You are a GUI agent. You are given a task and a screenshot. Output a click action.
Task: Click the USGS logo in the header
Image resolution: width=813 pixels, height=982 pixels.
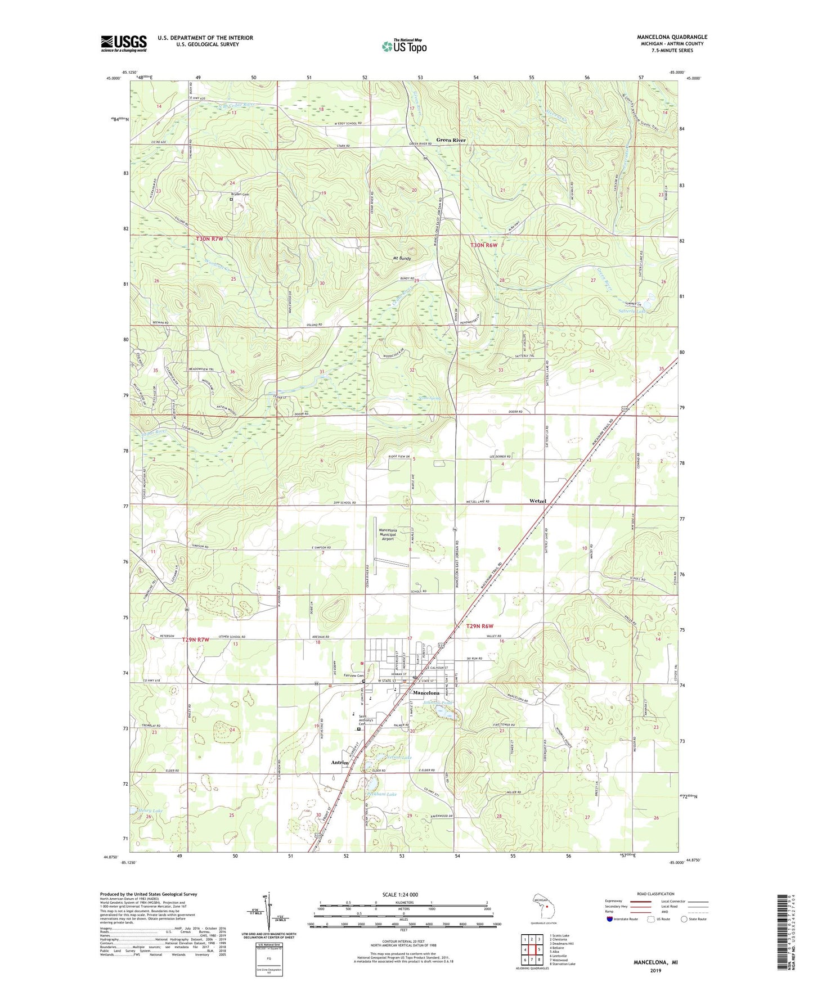point(124,43)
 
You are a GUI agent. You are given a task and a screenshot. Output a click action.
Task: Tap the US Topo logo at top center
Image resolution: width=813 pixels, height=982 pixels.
point(404,46)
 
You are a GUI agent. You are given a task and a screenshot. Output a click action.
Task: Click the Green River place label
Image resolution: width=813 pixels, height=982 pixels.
point(452,140)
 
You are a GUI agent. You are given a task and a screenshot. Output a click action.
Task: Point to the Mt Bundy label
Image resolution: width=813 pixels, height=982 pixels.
point(402,259)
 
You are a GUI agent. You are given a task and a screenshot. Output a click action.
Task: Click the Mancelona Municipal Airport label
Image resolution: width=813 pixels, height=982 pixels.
point(388,534)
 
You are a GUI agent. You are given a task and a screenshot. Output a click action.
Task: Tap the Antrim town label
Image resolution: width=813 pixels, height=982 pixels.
point(340,763)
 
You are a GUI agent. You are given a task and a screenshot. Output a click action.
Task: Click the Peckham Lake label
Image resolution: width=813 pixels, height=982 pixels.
point(382,794)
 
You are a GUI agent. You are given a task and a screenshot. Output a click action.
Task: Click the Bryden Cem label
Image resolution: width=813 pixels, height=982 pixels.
point(239,194)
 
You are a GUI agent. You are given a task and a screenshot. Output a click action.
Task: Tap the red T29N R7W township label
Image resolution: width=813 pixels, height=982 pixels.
point(195,639)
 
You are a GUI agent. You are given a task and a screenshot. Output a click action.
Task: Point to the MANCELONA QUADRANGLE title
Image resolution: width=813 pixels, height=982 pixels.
point(673,37)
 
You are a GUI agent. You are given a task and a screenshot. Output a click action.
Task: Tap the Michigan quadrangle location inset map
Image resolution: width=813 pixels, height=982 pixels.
point(544,906)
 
